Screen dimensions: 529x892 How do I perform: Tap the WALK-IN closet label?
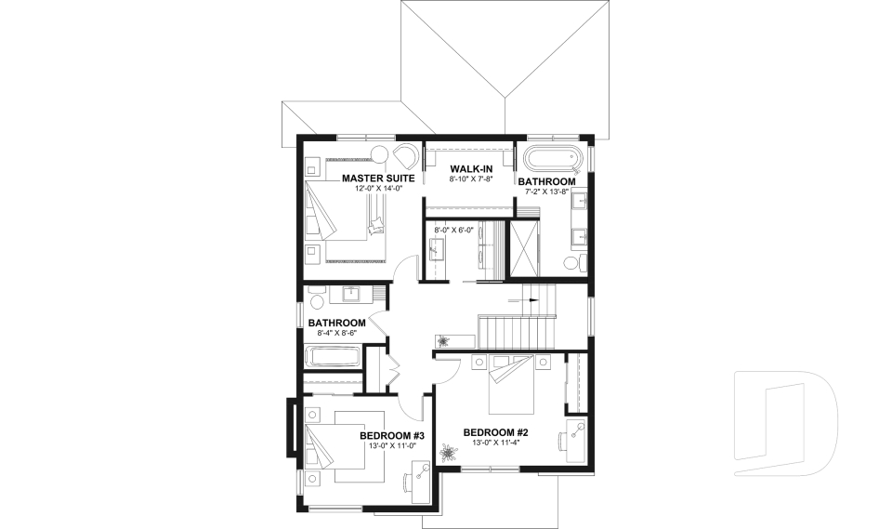point(452,168)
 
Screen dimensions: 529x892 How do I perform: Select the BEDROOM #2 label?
point(495,432)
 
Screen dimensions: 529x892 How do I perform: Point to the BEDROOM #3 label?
point(392,435)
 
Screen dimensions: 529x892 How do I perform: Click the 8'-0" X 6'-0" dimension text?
point(454,230)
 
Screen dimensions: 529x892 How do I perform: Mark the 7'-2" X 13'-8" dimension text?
point(553,192)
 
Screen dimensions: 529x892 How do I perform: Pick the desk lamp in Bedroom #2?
point(577,429)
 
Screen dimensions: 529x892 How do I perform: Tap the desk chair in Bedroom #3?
point(410,483)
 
